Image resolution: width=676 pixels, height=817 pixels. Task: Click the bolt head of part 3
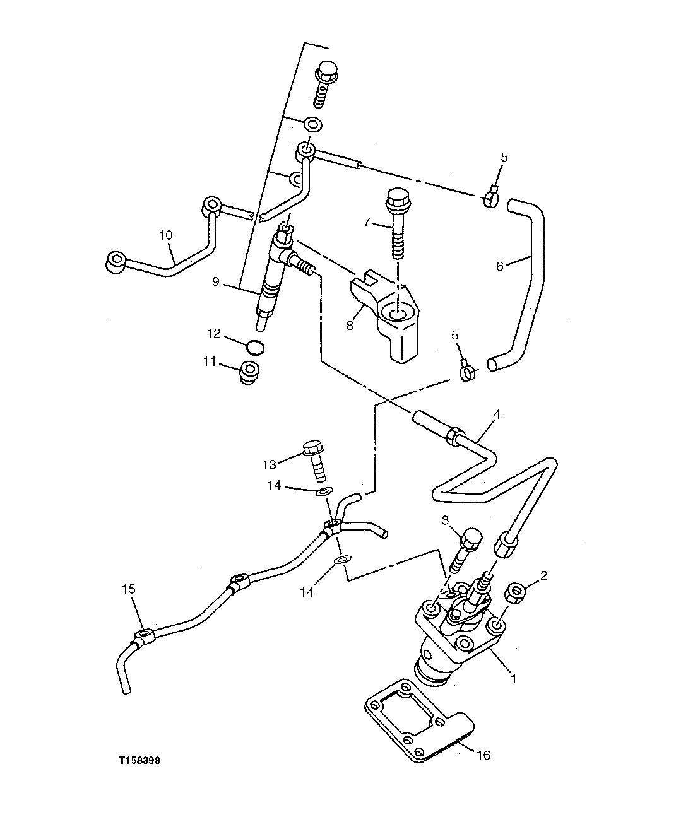coord(471,538)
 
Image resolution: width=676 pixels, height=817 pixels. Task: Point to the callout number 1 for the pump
coord(514,679)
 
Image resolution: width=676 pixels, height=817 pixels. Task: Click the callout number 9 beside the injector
coord(216,281)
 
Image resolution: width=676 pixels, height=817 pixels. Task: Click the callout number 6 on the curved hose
coord(499,266)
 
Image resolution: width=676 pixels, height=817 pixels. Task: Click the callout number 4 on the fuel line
coord(497,415)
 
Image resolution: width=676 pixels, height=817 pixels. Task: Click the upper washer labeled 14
coord(323,491)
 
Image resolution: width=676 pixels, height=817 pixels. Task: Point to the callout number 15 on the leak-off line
coord(129,589)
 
